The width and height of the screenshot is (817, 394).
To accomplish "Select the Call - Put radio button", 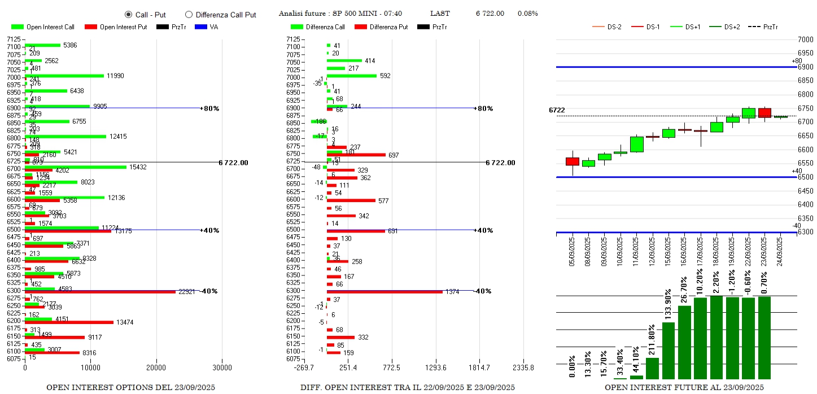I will (128, 15).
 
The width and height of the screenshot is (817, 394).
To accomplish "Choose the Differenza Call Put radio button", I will (189, 15).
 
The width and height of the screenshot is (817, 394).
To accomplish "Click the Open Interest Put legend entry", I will (115, 27).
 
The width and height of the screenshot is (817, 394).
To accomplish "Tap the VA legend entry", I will (208, 27).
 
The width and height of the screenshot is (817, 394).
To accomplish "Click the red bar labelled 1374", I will (385, 292).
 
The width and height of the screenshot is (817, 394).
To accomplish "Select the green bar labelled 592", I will (351, 76).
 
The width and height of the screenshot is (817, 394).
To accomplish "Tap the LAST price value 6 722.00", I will (490, 14).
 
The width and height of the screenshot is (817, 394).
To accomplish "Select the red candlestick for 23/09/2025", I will (764, 113).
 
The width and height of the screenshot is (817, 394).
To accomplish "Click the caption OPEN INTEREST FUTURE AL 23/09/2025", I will (684, 388).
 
